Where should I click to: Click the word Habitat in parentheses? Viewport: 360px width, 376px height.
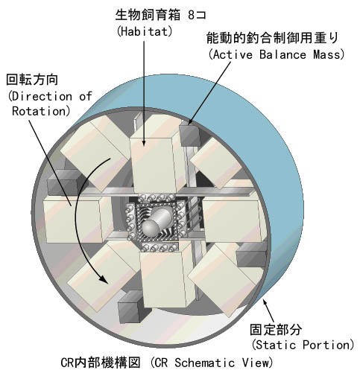coord(145,31)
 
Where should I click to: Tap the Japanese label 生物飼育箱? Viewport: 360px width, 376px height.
coord(148,15)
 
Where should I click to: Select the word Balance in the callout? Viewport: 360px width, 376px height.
coord(282,54)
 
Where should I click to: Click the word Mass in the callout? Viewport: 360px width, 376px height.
coord(326,54)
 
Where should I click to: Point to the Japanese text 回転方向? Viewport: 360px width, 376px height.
coord(32,80)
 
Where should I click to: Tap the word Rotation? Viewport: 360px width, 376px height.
coord(39,111)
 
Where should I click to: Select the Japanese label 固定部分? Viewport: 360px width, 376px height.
coord(276,329)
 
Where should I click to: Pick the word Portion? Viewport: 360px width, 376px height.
coord(326,345)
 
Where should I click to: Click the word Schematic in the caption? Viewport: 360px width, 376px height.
coord(204,363)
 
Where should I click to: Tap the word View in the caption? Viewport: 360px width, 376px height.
coord(255,363)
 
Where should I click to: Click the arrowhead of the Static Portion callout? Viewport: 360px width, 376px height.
coord(265,302)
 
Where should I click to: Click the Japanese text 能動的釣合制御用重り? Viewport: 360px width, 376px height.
coord(272,38)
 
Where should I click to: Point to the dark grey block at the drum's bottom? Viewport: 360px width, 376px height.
coord(130,308)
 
